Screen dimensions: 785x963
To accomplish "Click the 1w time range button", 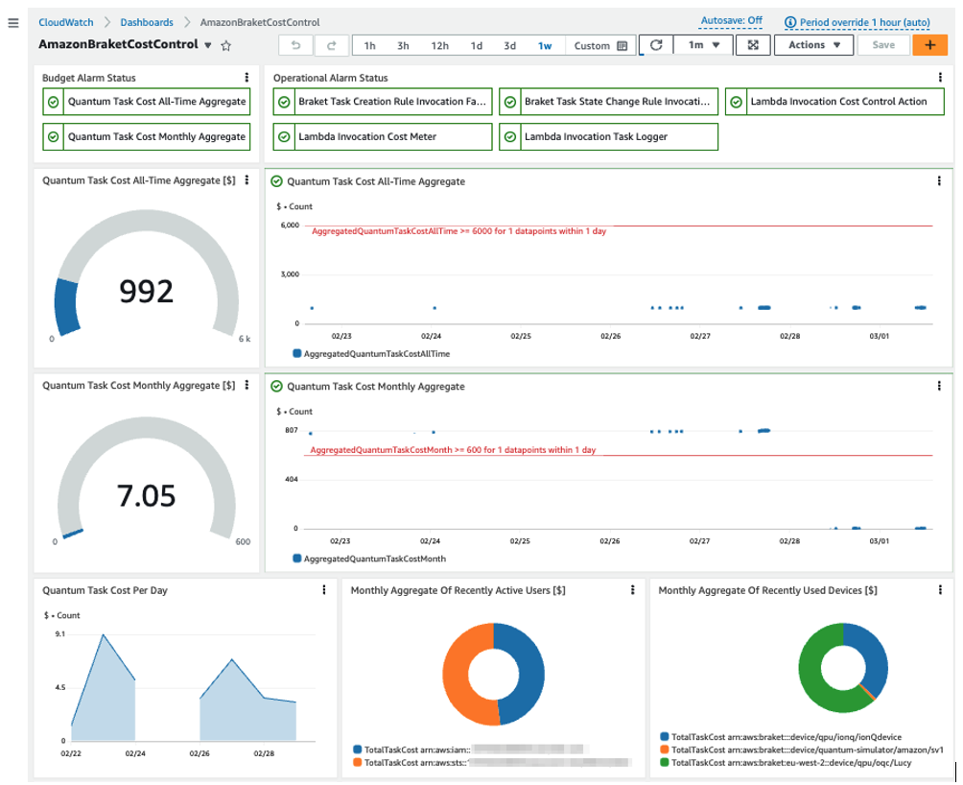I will (545, 45).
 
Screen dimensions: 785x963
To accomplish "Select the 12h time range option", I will (439, 45).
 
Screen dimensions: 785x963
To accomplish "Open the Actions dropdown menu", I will (813, 45).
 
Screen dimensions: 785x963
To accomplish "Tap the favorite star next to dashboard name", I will (226, 45).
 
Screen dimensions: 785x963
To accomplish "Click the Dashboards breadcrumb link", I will (147, 21).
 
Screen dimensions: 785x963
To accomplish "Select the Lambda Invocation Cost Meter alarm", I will (381, 137).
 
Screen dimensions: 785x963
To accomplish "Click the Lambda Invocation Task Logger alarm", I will (607, 137).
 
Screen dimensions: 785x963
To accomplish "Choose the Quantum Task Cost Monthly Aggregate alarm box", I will (146, 137).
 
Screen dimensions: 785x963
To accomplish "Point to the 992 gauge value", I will (146, 291).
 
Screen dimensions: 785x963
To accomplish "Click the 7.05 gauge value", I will (146, 496).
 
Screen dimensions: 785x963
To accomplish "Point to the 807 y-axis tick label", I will (292, 430).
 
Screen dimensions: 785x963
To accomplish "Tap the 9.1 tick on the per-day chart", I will (59, 634).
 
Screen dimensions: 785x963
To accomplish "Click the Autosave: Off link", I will (732, 20).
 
